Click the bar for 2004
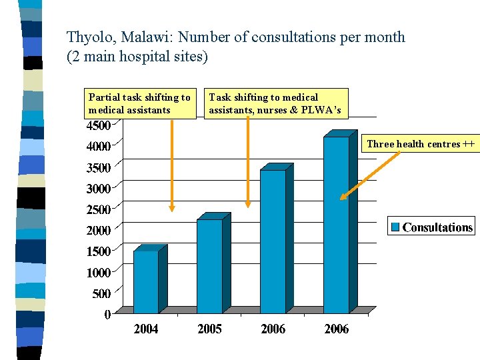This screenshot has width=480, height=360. (x=147, y=281)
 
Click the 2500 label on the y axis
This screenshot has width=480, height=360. (x=99, y=210)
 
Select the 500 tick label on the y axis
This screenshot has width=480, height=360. (x=101, y=294)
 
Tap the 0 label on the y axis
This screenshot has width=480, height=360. (x=107, y=315)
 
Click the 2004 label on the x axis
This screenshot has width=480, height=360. (x=146, y=329)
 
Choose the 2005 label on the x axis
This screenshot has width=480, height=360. (x=210, y=329)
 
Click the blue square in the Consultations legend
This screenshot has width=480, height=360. (x=395, y=227)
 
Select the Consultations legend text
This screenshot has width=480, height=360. (x=437, y=227)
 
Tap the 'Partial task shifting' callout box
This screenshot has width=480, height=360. (x=140, y=103)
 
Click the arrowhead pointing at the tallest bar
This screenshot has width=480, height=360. (x=343, y=197)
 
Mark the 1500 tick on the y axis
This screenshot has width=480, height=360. (x=99, y=252)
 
